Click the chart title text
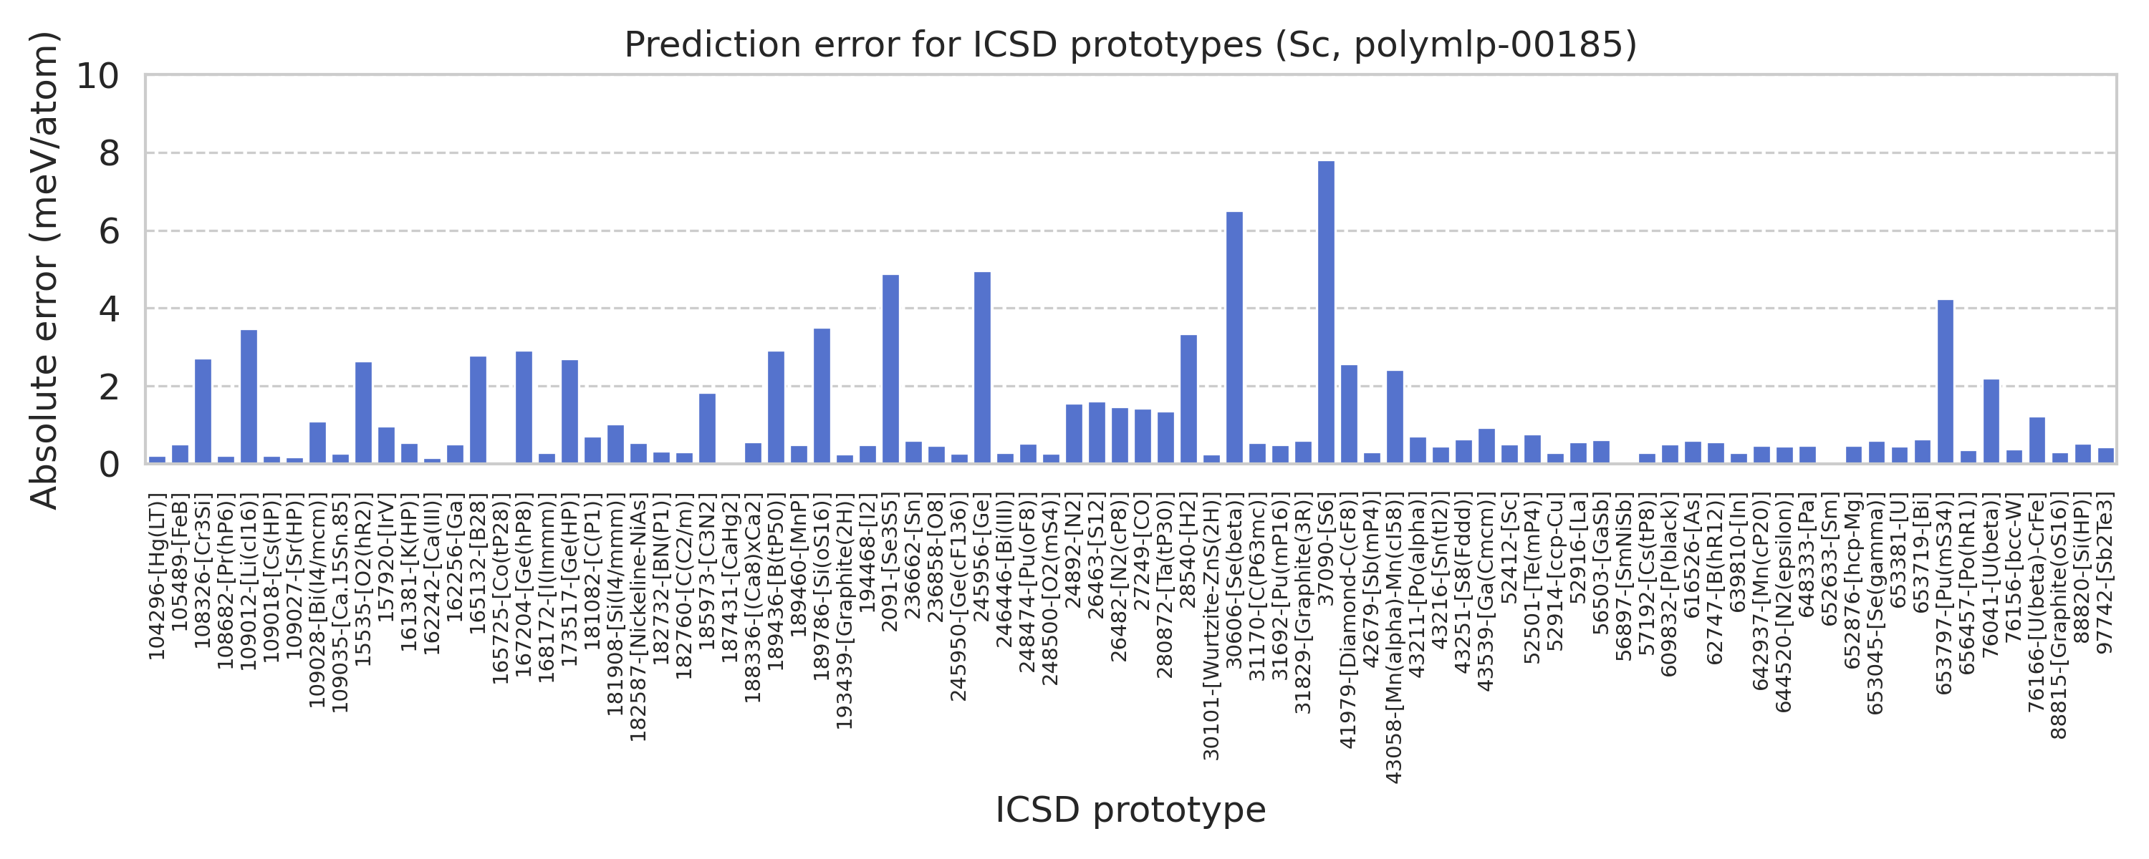click(1130, 45)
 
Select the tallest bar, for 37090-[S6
click(1327, 312)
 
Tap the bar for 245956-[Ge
click(983, 368)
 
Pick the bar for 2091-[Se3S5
click(891, 369)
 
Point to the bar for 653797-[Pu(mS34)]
click(1946, 382)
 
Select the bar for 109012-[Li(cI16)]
click(249, 397)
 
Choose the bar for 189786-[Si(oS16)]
click(822, 396)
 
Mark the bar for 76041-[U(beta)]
click(1991, 422)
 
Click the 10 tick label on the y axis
click(98, 76)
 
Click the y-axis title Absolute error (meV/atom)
click(44, 269)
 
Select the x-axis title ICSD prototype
click(1130, 810)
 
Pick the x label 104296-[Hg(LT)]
click(158, 576)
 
